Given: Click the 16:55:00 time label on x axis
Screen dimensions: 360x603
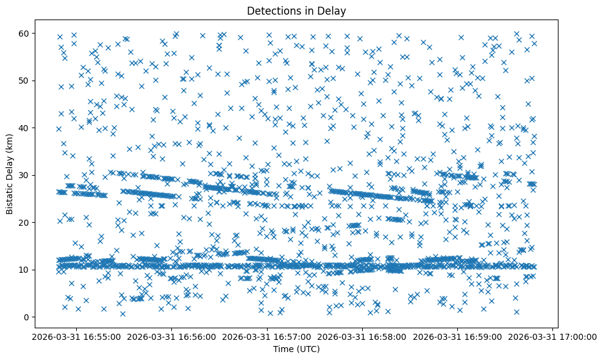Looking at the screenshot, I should point(76,336).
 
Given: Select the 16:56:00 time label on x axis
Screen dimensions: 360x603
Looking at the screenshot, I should point(172,336).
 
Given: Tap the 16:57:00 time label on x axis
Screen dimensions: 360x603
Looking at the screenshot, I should point(267,336).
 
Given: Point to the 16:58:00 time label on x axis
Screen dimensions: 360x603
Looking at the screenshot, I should point(363,336).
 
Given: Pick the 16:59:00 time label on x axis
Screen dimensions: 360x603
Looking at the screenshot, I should point(458,336).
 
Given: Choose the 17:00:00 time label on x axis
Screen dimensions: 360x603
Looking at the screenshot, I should point(553,336).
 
